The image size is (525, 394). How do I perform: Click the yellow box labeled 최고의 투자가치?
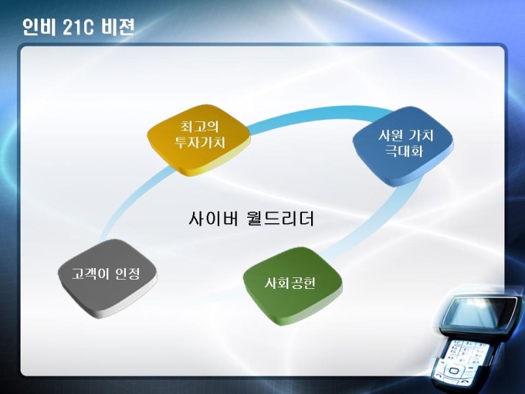coord(199,139)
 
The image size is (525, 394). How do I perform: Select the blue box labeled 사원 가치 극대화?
coord(404,146)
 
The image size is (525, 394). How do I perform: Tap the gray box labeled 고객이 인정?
coord(107,277)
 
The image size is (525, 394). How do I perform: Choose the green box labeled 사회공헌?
coord(293,285)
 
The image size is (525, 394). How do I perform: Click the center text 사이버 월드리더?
coord(252,218)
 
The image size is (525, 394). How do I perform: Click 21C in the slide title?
coord(78,28)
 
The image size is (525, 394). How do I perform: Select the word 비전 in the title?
coord(118,27)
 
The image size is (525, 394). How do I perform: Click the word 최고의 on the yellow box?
coord(199,127)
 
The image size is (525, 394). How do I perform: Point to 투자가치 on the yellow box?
coord(199,142)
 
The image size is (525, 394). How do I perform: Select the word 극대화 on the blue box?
coord(404,151)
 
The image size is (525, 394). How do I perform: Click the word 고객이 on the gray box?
coord(90,274)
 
